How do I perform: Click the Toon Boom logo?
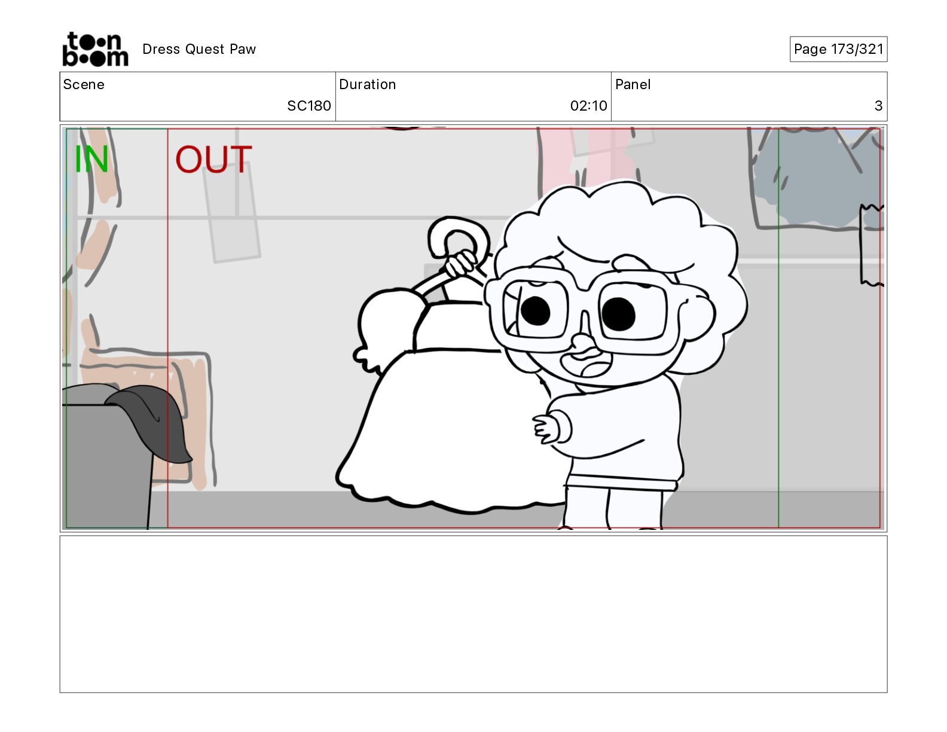[96, 49]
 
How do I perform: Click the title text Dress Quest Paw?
[198, 49]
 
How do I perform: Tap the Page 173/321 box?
[838, 49]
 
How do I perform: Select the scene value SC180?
[309, 105]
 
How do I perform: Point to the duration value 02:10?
[588, 105]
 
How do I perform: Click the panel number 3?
[878, 105]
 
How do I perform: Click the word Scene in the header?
[84, 84]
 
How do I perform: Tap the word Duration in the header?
[368, 84]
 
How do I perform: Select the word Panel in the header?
[633, 84]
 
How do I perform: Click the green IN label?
[91, 158]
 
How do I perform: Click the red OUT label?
[213, 159]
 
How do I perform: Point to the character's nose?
[582, 341]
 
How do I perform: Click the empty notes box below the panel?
[473, 614]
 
